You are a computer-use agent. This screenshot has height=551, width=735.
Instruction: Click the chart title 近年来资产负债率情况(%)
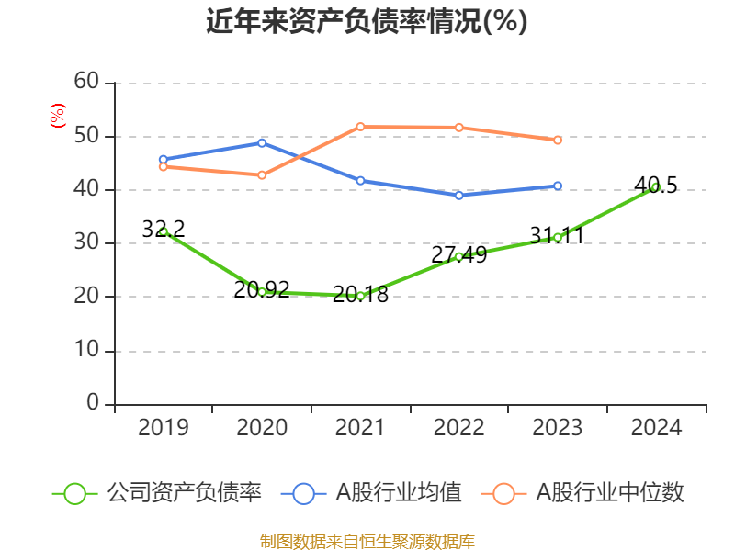(367, 22)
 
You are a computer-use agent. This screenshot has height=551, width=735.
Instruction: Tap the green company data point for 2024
(656, 187)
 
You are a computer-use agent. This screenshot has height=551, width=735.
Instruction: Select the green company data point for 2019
(164, 231)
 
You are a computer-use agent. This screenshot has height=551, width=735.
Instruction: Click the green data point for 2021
(361, 295)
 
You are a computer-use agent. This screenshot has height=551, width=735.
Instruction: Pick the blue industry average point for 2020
(262, 142)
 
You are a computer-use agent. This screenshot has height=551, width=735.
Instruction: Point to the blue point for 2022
(459, 195)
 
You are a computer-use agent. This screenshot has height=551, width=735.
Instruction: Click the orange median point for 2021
(361, 127)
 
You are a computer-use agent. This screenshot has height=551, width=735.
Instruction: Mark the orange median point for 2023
(558, 140)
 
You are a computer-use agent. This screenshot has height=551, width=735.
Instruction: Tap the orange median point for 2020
(262, 174)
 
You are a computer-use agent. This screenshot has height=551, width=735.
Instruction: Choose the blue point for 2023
(558, 186)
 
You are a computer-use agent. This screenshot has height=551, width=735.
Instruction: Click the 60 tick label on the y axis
(86, 83)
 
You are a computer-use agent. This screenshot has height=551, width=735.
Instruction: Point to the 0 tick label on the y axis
(93, 404)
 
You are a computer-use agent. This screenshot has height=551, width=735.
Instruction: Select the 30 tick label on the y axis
(86, 243)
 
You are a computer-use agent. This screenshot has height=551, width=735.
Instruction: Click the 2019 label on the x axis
(164, 428)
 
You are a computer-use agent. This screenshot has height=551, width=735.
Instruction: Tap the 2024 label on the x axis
(656, 428)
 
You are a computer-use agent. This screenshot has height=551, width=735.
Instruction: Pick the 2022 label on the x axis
(459, 428)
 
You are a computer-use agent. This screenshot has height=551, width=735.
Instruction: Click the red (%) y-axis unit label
(58, 116)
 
